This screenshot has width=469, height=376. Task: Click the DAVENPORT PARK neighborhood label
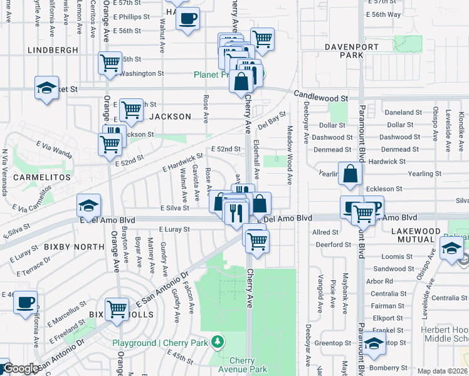(x=344, y=51)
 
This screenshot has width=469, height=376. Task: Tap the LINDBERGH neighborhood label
(x=53, y=50)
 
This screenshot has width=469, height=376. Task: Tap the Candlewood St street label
(x=321, y=98)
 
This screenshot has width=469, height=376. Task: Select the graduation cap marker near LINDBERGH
(x=46, y=87)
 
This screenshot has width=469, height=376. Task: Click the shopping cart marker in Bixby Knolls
(x=117, y=308)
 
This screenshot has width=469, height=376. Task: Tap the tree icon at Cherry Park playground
(x=217, y=342)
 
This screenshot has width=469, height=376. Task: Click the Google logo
(x=20, y=368)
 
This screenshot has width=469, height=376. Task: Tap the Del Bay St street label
(x=271, y=118)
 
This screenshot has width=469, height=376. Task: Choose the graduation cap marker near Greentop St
(x=374, y=344)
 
